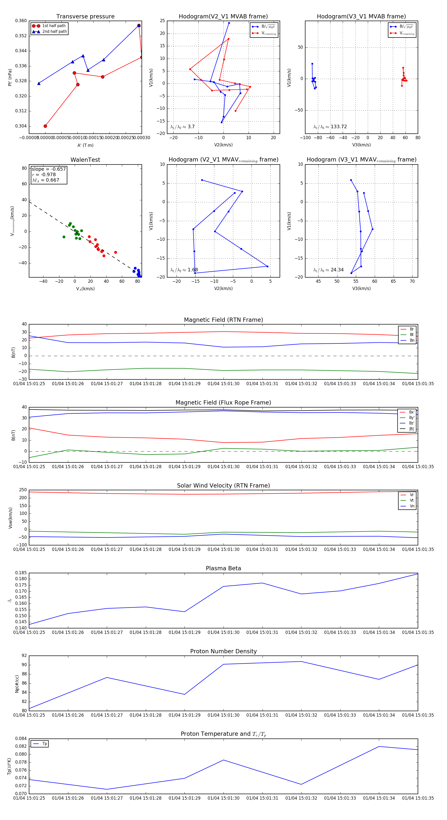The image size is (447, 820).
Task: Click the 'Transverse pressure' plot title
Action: [85, 17]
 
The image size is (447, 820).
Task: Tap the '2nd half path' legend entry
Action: [54, 32]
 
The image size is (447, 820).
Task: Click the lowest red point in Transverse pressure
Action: [45, 126]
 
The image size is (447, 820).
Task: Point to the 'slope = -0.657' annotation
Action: [49, 169]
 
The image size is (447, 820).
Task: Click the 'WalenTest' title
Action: [85, 160]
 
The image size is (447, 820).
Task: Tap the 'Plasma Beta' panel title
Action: [223, 568]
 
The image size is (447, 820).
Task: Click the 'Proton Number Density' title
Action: [223, 651]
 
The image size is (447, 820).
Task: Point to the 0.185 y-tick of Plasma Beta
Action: [21, 573]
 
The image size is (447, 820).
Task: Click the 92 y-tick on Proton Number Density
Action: [24, 656]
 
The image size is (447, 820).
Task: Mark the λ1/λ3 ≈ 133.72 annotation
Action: [330, 127]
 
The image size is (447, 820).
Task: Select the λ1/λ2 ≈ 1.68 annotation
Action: [184, 270]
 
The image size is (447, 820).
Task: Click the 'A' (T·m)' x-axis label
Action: [85, 145]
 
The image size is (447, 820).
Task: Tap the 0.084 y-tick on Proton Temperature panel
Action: [21, 738]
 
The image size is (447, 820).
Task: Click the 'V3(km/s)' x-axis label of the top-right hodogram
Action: [361, 145]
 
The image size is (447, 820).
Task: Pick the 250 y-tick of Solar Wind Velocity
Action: [23, 490]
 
